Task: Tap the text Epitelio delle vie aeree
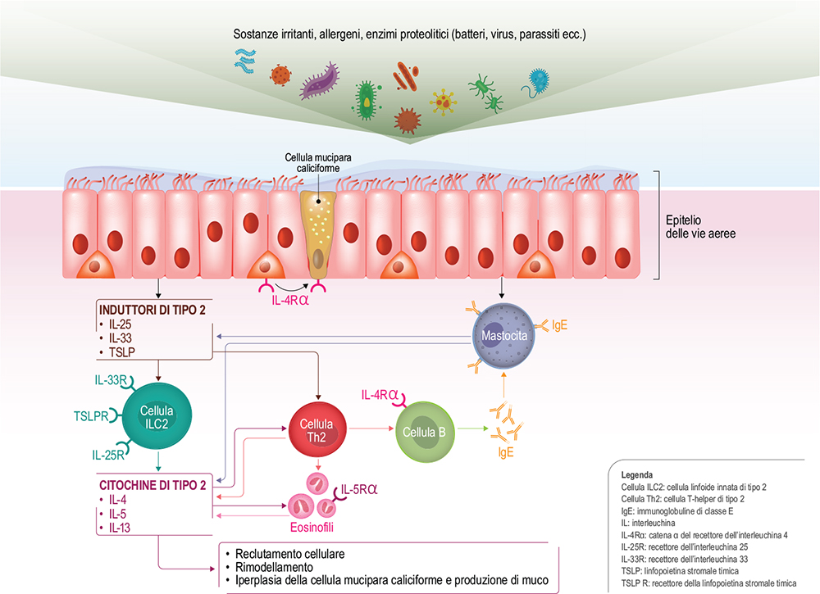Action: point(700,226)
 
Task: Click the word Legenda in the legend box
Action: point(637,474)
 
